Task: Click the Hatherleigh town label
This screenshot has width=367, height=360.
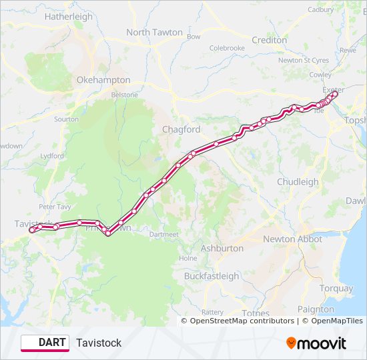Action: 69,17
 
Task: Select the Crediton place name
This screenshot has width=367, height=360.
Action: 269,40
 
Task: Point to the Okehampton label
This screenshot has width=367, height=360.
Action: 103,80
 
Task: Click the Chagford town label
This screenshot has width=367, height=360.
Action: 181,129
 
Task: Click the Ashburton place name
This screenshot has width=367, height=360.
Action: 222,248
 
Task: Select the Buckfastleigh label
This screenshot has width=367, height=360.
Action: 212,276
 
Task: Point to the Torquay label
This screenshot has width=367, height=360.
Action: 336,289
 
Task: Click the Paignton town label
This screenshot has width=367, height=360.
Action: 316,309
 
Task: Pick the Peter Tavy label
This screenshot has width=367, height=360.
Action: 55,207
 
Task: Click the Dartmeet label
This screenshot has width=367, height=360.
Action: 164,235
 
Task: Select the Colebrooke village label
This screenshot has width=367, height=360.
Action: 227,48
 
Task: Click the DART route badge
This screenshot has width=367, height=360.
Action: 45,343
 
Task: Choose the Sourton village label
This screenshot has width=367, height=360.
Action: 66,119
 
